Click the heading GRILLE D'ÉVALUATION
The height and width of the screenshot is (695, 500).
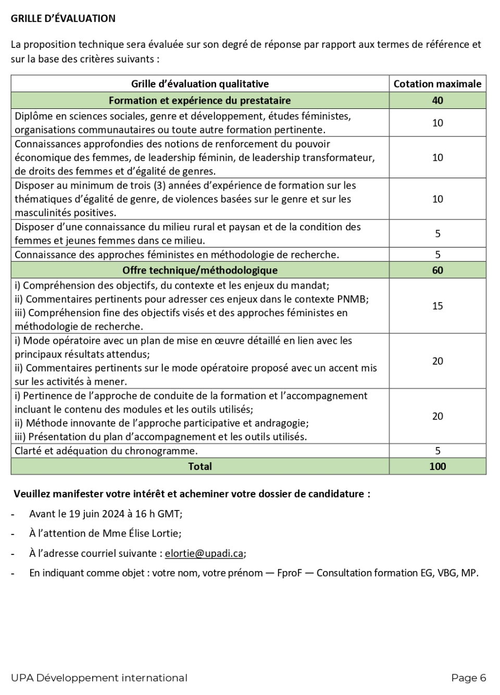63,18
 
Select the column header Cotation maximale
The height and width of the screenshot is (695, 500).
437,84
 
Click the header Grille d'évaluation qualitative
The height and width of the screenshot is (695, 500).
199,84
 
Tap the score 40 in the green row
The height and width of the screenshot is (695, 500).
437,101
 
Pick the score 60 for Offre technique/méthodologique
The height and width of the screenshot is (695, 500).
437,270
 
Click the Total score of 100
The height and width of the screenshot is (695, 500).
437,466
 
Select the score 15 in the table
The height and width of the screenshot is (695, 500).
437,306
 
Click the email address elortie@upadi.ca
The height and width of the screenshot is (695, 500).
204,553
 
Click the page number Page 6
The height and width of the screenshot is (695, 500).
468,678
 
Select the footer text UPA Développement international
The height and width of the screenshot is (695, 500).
99,678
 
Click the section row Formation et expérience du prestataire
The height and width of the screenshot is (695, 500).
199,101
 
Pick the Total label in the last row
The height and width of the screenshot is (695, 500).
199,466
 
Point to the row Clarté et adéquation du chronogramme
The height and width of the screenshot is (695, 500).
106,451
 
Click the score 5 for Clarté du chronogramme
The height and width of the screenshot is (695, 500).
437,451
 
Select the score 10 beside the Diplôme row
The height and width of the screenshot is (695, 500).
437,123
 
